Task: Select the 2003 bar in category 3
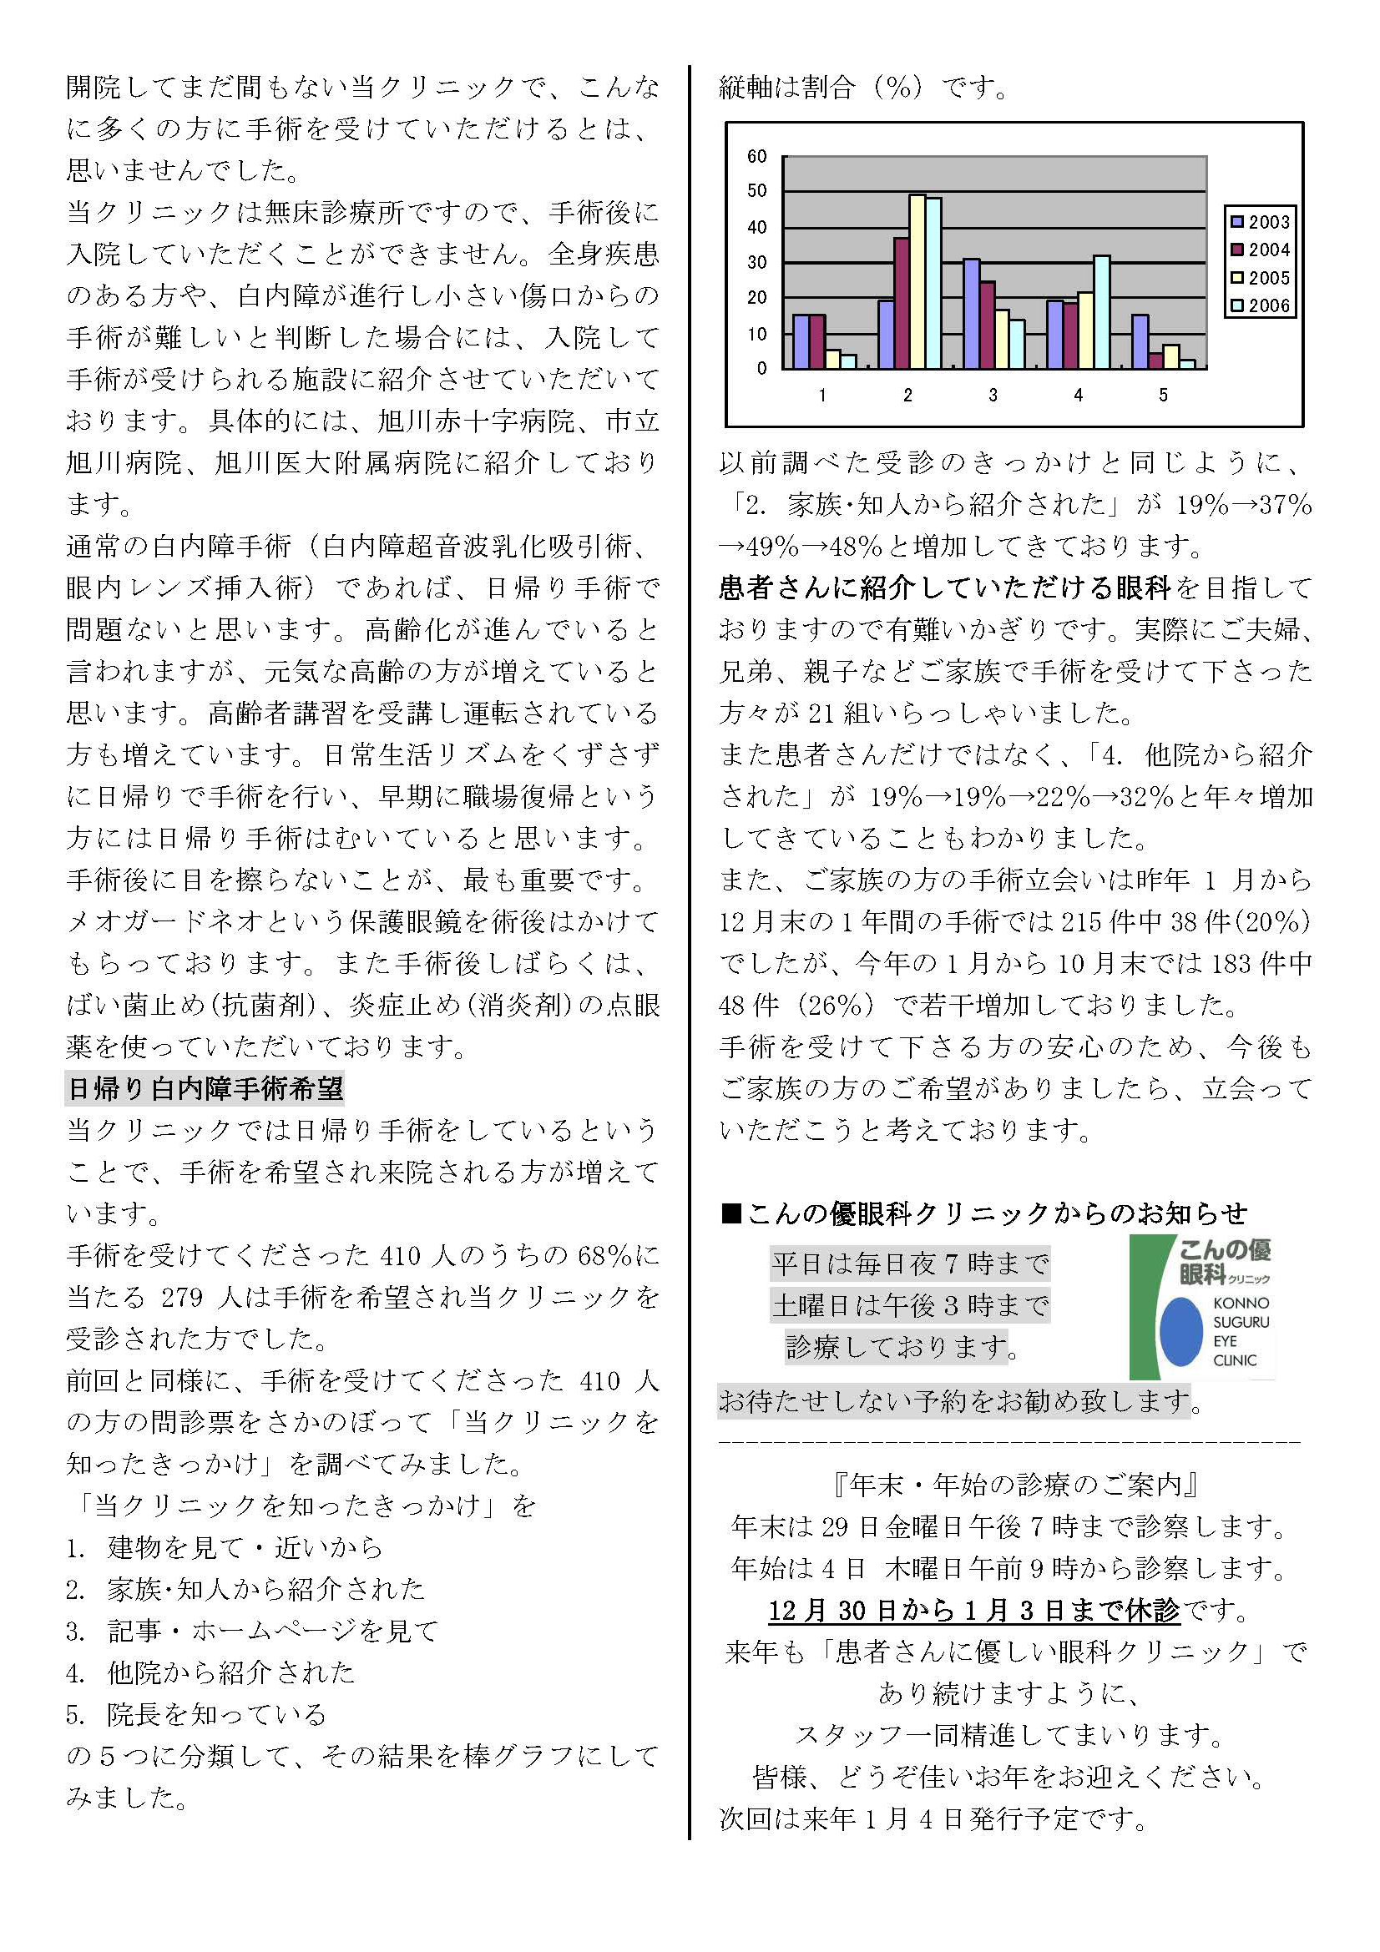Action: click(970, 314)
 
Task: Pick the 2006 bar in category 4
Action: click(1101, 312)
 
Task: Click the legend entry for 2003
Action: click(1261, 222)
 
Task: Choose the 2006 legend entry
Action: click(1261, 306)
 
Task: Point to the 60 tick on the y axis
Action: click(756, 156)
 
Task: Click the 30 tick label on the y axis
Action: click(756, 263)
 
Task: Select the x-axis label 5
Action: click(1163, 396)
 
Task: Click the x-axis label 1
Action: click(822, 396)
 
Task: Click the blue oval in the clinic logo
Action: click(1181, 1331)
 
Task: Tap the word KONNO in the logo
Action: click(1241, 1304)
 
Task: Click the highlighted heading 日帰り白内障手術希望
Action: click(204, 1088)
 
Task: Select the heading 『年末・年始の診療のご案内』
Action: click(1015, 1485)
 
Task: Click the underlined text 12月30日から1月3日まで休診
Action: click(973, 1610)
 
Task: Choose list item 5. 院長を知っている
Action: click(195, 1714)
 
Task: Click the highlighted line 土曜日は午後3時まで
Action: click(910, 1305)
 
